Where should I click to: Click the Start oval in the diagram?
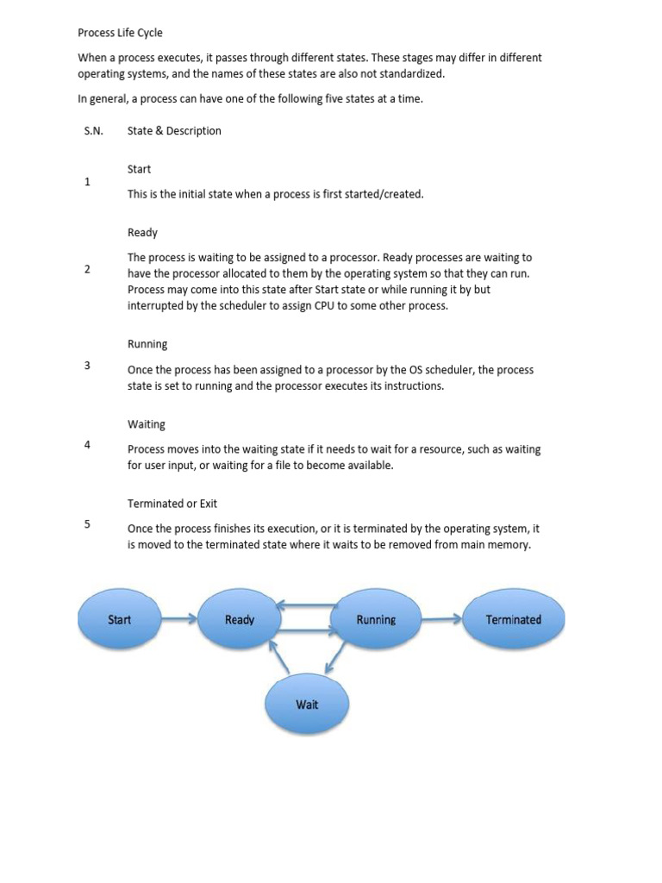(x=119, y=619)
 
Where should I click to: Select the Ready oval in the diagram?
(x=240, y=619)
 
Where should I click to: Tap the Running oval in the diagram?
(x=376, y=619)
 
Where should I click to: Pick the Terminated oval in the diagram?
(x=514, y=619)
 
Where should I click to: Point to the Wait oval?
(x=307, y=705)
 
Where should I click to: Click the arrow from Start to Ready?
(x=178, y=619)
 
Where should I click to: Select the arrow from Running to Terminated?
(x=441, y=619)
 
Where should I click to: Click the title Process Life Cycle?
(x=120, y=33)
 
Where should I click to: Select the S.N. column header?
(x=93, y=131)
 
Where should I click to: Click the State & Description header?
(x=174, y=131)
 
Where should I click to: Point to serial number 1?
(x=87, y=182)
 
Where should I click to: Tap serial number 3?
(x=87, y=365)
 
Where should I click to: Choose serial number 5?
(x=87, y=524)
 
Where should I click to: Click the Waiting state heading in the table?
(x=147, y=424)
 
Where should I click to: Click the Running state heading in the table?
(x=147, y=344)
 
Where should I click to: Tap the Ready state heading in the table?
(x=142, y=233)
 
